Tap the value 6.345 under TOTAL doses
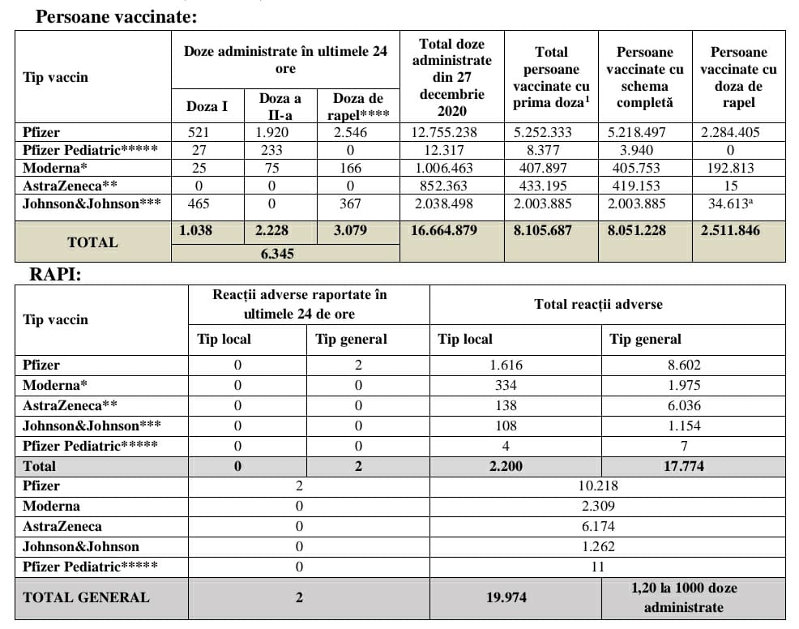pos(276,254)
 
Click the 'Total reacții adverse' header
pos(598,305)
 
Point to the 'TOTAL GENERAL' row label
pos(86,597)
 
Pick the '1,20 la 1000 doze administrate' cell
pos(683,597)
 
